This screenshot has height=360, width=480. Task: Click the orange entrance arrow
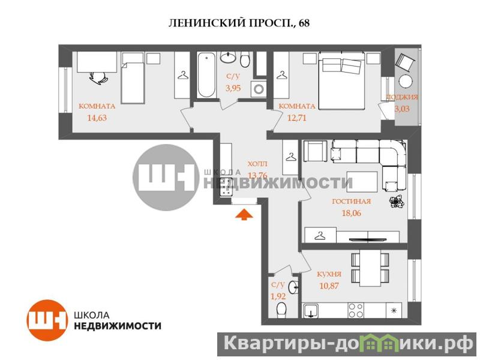click(244, 214)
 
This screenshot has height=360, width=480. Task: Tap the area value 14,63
click(97, 118)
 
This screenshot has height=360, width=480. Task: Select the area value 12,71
click(296, 118)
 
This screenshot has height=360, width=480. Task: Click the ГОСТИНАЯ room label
click(352, 202)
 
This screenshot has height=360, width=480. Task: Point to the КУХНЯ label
click(329, 274)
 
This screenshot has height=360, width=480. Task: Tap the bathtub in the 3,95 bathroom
click(206, 75)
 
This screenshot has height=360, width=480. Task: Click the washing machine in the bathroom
click(259, 89)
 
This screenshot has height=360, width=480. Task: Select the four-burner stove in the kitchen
click(356, 310)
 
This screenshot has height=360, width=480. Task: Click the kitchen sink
click(310, 311)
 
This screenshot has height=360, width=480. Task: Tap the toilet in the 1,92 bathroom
click(281, 310)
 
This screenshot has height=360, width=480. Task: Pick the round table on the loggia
click(406, 82)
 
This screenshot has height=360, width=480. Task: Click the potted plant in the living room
click(397, 202)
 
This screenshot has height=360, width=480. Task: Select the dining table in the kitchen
click(370, 268)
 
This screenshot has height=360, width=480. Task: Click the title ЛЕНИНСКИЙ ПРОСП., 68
click(239, 23)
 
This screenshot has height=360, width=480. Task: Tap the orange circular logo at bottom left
click(47, 320)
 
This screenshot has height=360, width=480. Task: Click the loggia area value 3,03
click(401, 109)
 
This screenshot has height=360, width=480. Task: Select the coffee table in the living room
click(362, 182)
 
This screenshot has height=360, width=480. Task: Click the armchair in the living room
click(315, 151)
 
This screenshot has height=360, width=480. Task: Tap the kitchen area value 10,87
click(329, 286)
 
